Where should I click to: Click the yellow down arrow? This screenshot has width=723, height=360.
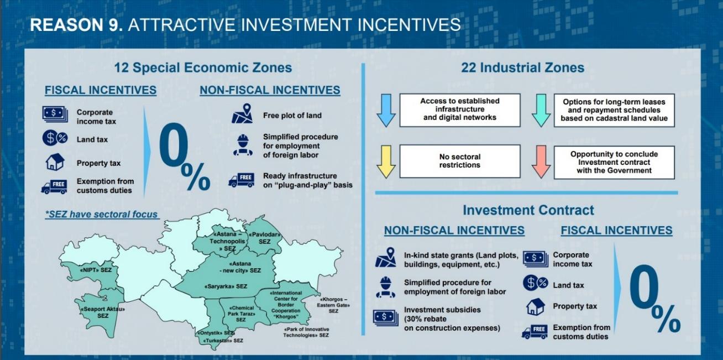point(386,161)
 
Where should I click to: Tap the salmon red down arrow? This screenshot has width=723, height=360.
point(541,161)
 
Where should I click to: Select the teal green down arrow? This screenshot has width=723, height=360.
point(541,111)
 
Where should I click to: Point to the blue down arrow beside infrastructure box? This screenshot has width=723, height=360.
point(386,111)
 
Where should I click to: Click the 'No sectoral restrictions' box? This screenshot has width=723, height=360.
point(460,161)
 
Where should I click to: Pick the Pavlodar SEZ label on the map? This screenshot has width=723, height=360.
point(265,238)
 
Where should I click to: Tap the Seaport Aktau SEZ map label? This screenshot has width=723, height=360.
point(103,312)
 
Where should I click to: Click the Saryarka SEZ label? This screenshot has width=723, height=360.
point(226,286)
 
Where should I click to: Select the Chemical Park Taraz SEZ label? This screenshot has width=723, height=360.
point(242,314)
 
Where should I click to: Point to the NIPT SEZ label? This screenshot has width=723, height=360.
point(96,270)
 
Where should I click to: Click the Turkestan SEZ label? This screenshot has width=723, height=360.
point(223,341)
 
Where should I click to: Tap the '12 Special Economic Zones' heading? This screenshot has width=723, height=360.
point(203,68)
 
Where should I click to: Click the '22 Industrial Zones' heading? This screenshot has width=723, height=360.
point(522,68)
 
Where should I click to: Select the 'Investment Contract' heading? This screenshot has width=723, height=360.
point(528,210)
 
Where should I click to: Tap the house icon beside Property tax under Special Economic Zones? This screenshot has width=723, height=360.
point(55,162)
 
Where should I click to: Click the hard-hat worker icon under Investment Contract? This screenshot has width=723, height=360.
point(385,287)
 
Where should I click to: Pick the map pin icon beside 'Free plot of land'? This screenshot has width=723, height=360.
point(242,113)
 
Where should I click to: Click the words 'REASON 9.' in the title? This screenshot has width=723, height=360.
point(76,25)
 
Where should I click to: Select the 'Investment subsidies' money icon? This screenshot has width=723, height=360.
point(385,318)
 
